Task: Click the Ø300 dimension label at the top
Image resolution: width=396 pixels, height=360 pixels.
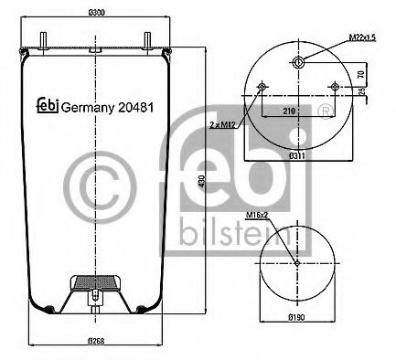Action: click(94, 11)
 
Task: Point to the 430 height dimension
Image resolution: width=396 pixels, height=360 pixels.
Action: click(199, 183)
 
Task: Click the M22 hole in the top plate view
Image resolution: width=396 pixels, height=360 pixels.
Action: click(298, 62)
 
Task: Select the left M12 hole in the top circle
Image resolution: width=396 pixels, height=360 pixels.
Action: click(263, 88)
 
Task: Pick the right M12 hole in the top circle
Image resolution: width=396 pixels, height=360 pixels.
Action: click(337, 88)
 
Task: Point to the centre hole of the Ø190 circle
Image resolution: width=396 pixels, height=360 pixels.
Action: click(298, 263)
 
